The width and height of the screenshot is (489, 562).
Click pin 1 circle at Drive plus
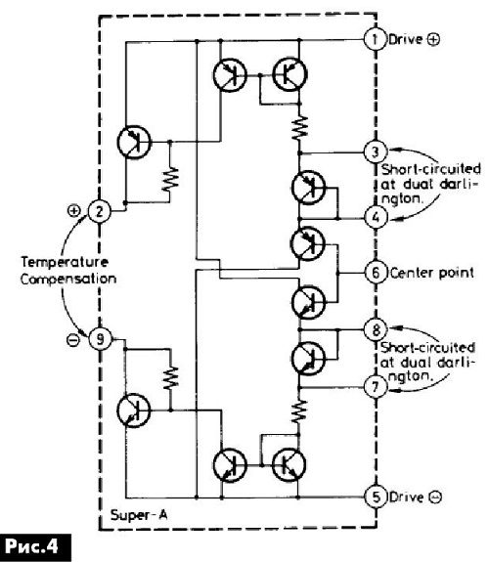click(x=376, y=39)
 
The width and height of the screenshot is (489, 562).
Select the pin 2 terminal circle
click(x=100, y=211)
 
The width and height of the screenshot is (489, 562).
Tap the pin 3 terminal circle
click(x=376, y=151)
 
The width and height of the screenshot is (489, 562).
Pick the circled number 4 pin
click(x=376, y=217)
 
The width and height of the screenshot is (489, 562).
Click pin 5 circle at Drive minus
click(x=376, y=497)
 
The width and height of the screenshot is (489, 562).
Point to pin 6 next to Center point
click(x=376, y=273)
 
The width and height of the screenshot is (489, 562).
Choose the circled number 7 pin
click(x=376, y=387)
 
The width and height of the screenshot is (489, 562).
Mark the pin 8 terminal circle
click(x=376, y=329)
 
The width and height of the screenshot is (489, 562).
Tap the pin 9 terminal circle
click(x=100, y=339)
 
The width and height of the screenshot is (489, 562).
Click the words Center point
click(x=432, y=273)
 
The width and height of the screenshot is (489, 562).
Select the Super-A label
click(x=139, y=515)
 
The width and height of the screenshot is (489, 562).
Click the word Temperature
click(x=65, y=262)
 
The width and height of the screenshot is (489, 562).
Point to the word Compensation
click(x=68, y=280)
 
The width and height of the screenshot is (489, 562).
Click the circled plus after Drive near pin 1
click(x=433, y=40)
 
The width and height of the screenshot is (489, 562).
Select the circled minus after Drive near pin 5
click(x=435, y=497)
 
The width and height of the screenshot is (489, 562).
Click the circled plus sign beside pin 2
click(x=74, y=211)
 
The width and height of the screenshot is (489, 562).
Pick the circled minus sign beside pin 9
click(x=73, y=340)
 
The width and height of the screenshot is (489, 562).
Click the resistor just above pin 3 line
click(x=299, y=128)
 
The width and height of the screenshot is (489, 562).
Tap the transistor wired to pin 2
click(x=134, y=142)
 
